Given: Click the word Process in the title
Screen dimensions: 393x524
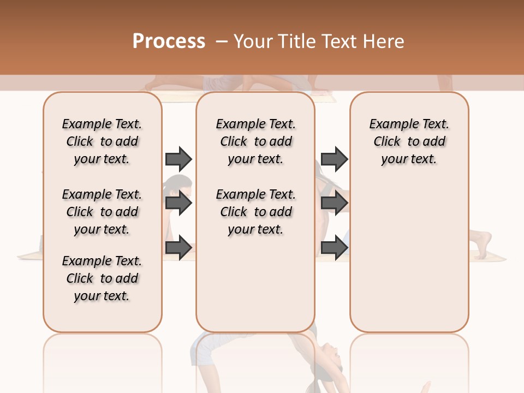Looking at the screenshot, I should point(169,41).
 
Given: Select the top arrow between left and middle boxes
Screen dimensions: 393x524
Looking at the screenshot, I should point(178,159).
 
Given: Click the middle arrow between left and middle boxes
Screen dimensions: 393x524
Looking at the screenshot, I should point(178,204).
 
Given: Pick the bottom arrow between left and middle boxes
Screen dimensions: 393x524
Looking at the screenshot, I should point(178,247).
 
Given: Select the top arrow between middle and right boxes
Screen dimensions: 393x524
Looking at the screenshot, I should point(334,159).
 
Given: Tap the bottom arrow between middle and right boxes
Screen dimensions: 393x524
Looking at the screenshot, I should point(334,247).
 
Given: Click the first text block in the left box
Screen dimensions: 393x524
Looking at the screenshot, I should point(102,141).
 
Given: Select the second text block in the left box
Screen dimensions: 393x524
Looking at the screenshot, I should point(102,212).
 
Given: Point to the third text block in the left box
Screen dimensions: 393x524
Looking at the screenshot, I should point(102,278).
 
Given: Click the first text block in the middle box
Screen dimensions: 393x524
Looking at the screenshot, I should point(255,141).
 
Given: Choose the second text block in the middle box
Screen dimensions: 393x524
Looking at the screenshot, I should point(255,212).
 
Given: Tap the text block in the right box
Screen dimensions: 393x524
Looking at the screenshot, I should point(409,141).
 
